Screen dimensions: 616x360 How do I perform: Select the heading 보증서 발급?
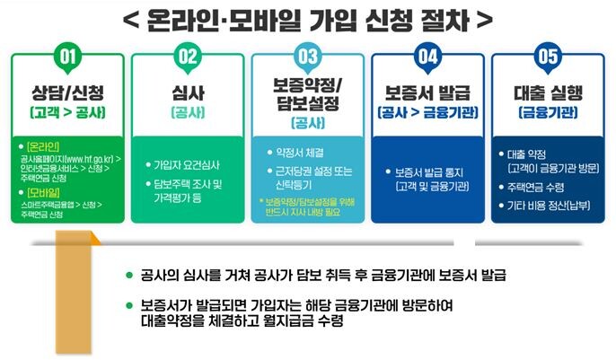[x=427, y=92]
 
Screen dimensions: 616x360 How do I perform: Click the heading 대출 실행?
[x=547, y=92]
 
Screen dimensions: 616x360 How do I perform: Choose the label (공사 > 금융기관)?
[x=427, y=112]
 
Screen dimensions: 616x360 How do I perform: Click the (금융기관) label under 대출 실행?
[x=547, y=112]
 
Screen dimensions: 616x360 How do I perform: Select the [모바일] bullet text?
[x=42, y=191]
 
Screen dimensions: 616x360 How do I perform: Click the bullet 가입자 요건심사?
[x=188, y=165]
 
